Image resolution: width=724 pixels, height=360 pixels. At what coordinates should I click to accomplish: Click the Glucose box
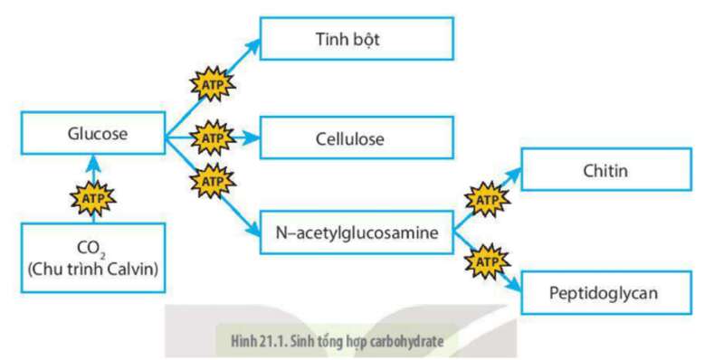point(92,135)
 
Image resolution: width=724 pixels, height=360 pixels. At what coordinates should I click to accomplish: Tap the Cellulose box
point(350,139)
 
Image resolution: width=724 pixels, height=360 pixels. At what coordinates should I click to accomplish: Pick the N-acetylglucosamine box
point(357,232)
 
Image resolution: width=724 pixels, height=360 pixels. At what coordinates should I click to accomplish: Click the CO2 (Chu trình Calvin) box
point(93,258)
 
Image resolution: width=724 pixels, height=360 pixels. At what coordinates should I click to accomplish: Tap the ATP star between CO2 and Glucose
point(93,193)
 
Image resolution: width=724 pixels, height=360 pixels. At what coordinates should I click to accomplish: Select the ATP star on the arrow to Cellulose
point(211,138)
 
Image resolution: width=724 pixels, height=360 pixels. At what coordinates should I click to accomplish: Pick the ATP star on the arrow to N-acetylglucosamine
point(211,180)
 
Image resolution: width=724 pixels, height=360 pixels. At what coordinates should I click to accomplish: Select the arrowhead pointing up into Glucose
point(93,162)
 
